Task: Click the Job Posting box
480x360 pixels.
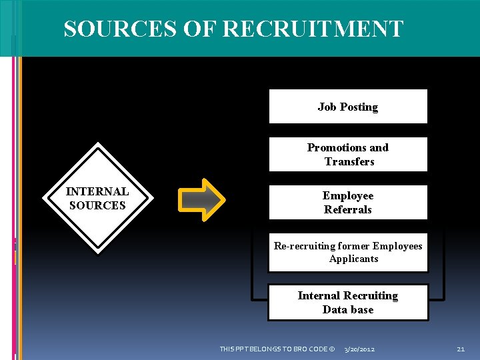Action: [x=347, y=107]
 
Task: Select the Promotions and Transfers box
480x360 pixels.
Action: [x=347, y=155]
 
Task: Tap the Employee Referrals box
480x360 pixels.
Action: [x=347, y=203]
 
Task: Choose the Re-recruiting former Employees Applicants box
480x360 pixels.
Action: [x=347, y=253]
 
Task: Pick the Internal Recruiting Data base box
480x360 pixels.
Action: [x=347, y=302]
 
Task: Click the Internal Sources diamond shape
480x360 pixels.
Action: [x=97, y=198]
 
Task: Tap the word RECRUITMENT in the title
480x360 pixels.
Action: [x=312, y=29]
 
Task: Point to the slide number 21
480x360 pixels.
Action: [x=461, y=349]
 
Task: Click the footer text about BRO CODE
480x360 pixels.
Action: [x=277, y=349]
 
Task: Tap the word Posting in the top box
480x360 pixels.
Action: [x=359, y=107]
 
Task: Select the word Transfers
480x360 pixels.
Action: [x=349, y=162]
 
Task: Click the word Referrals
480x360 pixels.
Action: [x=348, y=210]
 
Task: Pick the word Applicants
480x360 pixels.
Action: [x=353, y=259]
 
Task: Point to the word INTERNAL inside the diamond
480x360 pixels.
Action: [x=97, y=191]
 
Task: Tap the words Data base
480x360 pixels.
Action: [x=348, y=309]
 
